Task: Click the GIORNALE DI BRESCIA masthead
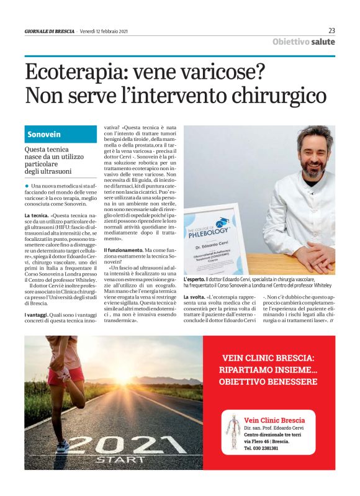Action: [x=49, y=31]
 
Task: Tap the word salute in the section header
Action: [x=323, y=42]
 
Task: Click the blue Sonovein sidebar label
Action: [x=44, y=134]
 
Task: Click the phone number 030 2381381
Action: [x=266, y=448]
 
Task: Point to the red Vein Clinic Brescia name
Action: [x=274, y=420]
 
